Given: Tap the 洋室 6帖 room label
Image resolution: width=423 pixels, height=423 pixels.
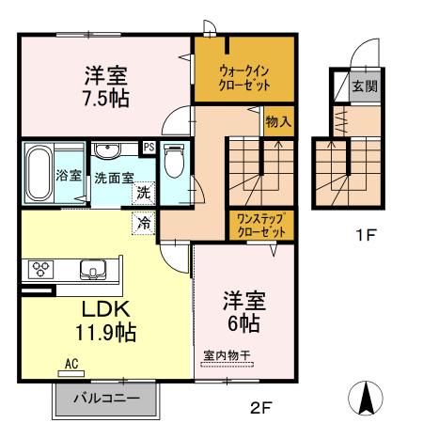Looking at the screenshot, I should pyautogui.click(x=243, y=311).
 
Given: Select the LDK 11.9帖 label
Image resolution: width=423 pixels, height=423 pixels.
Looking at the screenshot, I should pyautogui.click(x=104, y=320).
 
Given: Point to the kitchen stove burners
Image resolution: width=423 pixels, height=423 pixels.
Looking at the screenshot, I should pyautogui.click(x=42, y=269).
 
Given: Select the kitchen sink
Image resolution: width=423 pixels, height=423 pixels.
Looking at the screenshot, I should pyautogui.click(x=94, y=271).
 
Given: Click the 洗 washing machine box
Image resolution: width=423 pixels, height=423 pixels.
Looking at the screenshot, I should pyautogui.click(x=143, y=193).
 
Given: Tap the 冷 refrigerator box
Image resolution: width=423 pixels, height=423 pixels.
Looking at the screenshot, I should pyautogui.click(x=144, y=224).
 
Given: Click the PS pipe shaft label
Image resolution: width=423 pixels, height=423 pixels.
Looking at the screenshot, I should pyautogui.click(x=148, y=147).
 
